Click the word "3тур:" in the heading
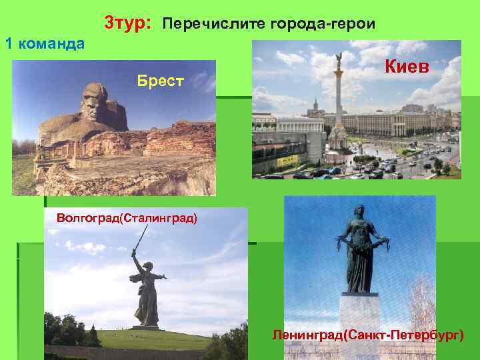click(129, 23)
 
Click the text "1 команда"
click(45, 44)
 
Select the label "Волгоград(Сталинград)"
click(127, 218)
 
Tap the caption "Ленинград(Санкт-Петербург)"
click(367, 333)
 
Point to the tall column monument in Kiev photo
click(339, 107)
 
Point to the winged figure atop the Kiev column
click(339, 59)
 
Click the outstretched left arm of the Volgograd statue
click(161, 275)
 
